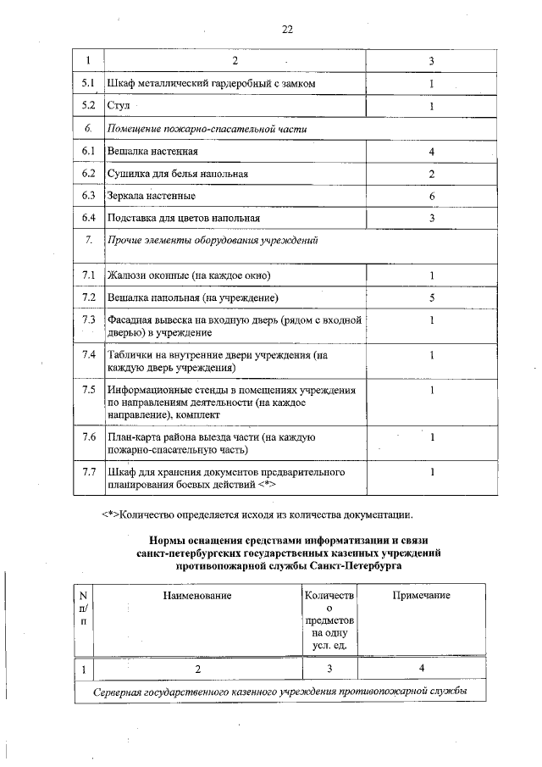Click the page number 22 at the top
tap(286, 30)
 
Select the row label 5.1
tap(87, 85)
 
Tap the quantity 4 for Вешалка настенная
tap(431, 152)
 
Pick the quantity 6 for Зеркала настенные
tap(431, 196)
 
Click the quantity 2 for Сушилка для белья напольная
tap(431, 174)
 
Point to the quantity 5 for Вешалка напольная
tap(431, 298)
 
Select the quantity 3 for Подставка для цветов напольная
tap(431, 219)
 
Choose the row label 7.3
tap(87, 320)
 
